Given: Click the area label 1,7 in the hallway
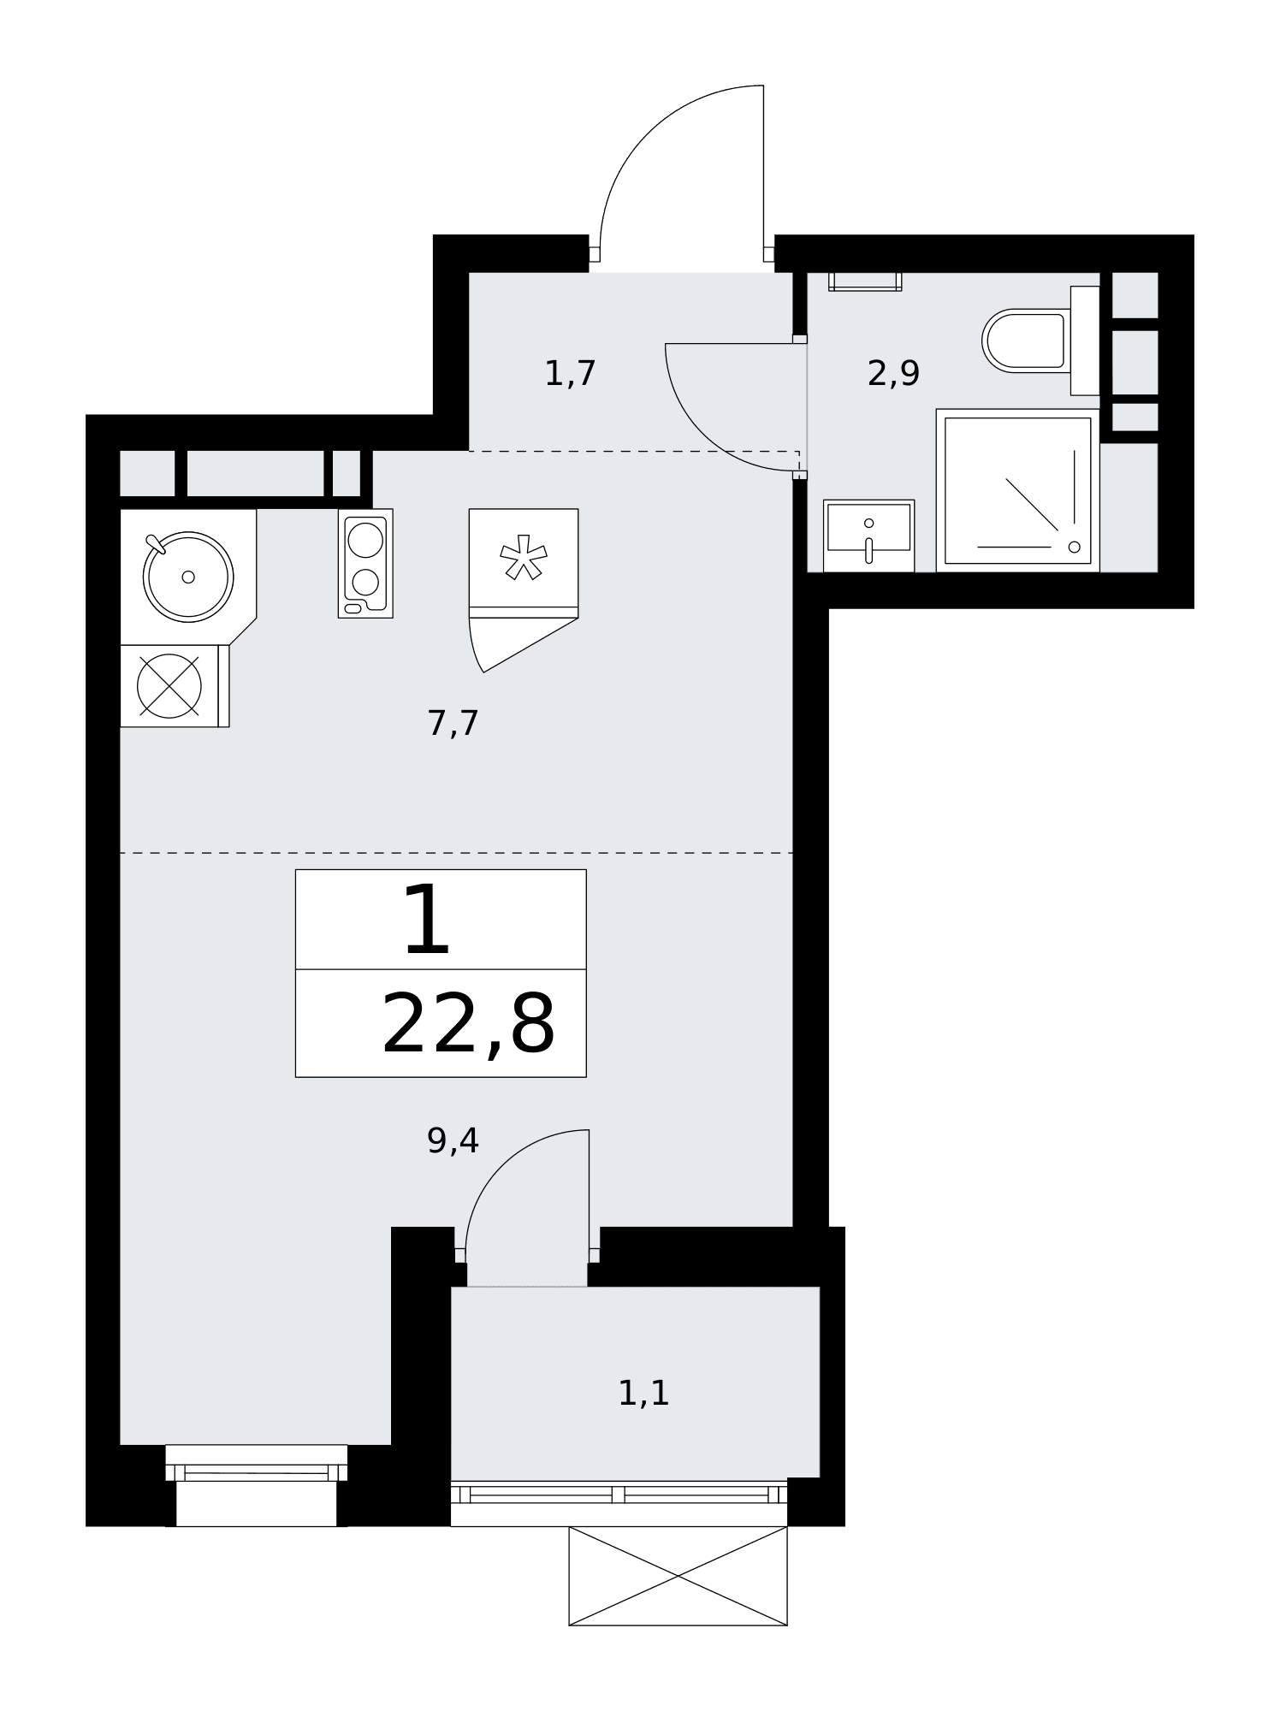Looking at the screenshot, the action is (570, 374).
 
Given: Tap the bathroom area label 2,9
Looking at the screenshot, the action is (893, 374).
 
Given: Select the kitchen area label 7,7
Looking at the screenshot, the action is (453, 724).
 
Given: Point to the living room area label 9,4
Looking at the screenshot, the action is (453, 1140).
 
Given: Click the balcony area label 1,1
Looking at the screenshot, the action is (643, 1394).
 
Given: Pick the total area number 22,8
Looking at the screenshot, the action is (468, 1023).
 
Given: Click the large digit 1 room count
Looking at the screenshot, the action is (426, 920).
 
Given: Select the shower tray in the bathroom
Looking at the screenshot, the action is (1017, 490).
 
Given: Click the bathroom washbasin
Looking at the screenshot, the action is (868, 536).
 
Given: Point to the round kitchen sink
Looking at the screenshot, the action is (188, 576).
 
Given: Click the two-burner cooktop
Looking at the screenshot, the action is (365, 563).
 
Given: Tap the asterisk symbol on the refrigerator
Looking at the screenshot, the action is (524, 557).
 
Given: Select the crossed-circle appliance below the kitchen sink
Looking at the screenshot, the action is (169, 686).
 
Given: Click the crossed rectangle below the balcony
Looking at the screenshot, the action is (678, 1576).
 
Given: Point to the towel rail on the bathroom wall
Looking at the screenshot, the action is (865, 282).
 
